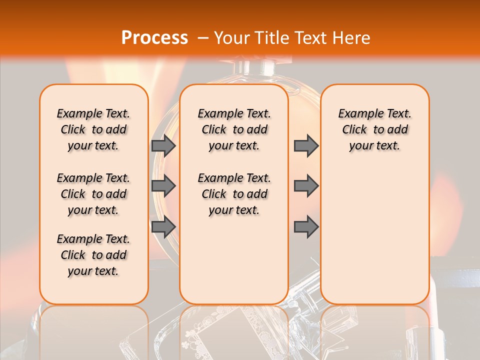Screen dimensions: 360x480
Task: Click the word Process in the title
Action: click(x=154, y=37)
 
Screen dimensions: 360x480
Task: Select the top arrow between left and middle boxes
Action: click(x=163, y=145)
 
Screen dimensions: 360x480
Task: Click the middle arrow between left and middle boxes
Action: click(x=163, y=186)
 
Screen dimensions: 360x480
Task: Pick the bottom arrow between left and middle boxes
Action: click(x=163, y=227)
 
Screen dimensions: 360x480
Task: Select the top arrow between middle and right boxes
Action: click(x=305, y=145)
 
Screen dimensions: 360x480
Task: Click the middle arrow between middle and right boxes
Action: click(x=305, y=186)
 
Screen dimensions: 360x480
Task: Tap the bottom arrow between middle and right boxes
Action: click(x=305, y=227)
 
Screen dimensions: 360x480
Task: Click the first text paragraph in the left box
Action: click(x=93, y=129)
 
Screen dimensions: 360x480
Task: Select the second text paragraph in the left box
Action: click(x=93, y=194)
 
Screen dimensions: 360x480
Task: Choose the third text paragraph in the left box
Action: click(x=93, y=255)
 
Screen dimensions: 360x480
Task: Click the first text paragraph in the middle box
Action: click(x=234, y=129)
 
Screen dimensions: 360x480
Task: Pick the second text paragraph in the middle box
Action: click(x=234, y=194)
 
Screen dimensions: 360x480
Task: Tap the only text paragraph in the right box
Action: click(x=374, y=129)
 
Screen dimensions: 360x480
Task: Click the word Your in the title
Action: click(x=233, y=37)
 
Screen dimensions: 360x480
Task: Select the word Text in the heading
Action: click(x=312, y=37)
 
